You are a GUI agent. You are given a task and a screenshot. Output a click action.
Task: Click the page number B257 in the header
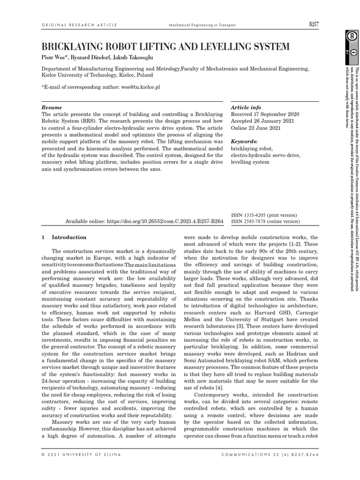tap(314, 24)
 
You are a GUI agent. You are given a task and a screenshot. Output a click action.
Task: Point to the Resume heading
tap(52, 107)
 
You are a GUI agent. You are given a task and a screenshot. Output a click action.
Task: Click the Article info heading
tap(246, 107)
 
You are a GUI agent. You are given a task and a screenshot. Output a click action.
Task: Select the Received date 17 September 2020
tap(265, 114)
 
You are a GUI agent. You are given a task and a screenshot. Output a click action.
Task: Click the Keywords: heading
tap(244, 141)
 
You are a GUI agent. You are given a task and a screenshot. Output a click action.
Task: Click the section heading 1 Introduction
tap(64, 237)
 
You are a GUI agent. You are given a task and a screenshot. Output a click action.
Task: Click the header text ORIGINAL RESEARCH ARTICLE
tap(75, 25)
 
